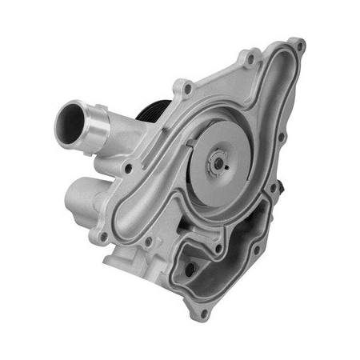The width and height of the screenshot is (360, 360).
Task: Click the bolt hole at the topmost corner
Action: (x=298, y=46)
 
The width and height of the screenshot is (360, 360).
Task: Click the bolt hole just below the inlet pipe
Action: (x=127, y=168)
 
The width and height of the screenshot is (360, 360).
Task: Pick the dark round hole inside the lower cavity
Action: (x=190, y=269)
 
